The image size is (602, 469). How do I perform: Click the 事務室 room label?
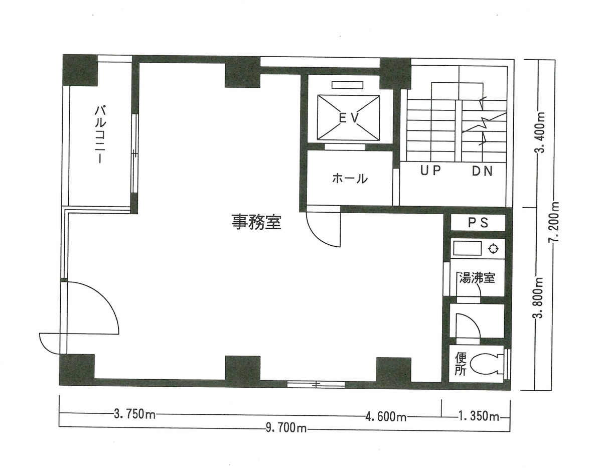(x=256, y=222)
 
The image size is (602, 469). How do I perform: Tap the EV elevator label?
(x=348, y=118)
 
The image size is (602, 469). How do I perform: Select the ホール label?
(x=350, y=178)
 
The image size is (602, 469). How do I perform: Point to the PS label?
(x=478, y=223)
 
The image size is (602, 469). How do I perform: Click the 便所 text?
(x=461, y=364)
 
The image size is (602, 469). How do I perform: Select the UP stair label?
(x=430, y=171)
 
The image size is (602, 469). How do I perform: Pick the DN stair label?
(x=482, y=171)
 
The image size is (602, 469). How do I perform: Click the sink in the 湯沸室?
(x=467, y=248)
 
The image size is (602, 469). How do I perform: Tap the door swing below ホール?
(x=324, y=228)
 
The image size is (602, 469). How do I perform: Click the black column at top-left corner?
(x=80, y=70)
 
